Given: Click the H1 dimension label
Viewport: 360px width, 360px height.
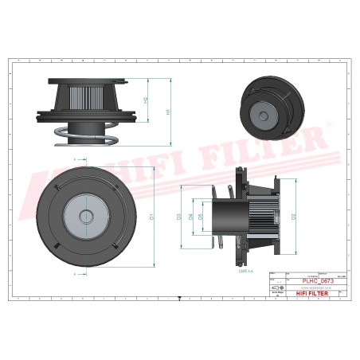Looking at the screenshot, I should pos(168,112).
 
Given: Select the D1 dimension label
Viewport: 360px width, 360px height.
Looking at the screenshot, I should pos(151,216).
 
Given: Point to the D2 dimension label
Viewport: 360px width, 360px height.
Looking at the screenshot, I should pos(294,216).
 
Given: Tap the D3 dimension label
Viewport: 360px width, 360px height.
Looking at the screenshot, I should pos(179,216).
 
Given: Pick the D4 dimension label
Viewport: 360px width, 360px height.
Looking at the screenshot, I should pos(190,216).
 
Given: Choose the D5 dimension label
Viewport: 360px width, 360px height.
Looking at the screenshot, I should pos(201,216).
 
